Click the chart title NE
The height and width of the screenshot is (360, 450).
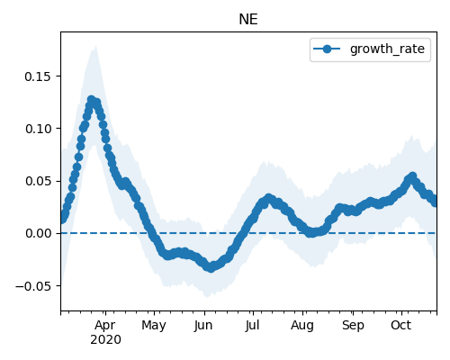coord(248,20)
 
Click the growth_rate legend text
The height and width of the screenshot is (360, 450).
coord(387,49)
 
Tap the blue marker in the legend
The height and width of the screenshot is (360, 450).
coord(327,49)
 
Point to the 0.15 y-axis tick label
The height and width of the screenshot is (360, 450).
coord(38,76)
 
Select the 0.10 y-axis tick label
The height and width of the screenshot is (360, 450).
coord(38,129)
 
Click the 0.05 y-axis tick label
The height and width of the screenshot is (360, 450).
coord(38,181)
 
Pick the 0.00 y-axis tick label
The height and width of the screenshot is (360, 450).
coord(38,233)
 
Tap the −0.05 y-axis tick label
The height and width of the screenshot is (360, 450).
coord(33,286)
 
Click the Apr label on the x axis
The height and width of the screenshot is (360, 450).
coord(105,325)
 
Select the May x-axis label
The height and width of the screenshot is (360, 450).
coord(154,326)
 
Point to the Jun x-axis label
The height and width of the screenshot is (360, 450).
coord(203,325)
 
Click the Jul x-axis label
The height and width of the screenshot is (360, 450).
coord(252,325)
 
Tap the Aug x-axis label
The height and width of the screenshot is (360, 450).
coord(302,326)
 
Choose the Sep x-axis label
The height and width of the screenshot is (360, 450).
coord(353,326)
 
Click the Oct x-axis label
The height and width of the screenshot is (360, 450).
coord(400,325)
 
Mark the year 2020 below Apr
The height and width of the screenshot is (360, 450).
coord(105,339)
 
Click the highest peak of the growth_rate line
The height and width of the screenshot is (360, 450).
coord(91,100)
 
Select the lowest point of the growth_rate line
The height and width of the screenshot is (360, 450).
coord(211,268)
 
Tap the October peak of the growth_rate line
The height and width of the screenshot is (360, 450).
coord(412,176)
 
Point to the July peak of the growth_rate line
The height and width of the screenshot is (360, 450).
coord(268,198)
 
